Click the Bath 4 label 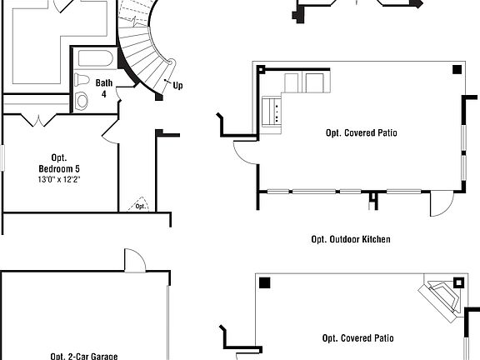[x=104, y=87]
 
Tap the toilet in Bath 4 [x=82, y=80]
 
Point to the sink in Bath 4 [x=82, y=101]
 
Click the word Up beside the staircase [x=177, y=85]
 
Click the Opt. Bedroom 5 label [x=58, y=163]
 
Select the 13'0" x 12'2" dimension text [x=58, y=179]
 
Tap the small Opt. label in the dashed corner [x=140, y=206]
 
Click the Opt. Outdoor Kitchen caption [x=351, y=239]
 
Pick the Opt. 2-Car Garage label [x=83, y=356]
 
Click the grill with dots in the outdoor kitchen [x=272, y=112]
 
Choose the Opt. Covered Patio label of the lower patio [x=358, y=338]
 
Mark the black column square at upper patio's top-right [x=456, y=70]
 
